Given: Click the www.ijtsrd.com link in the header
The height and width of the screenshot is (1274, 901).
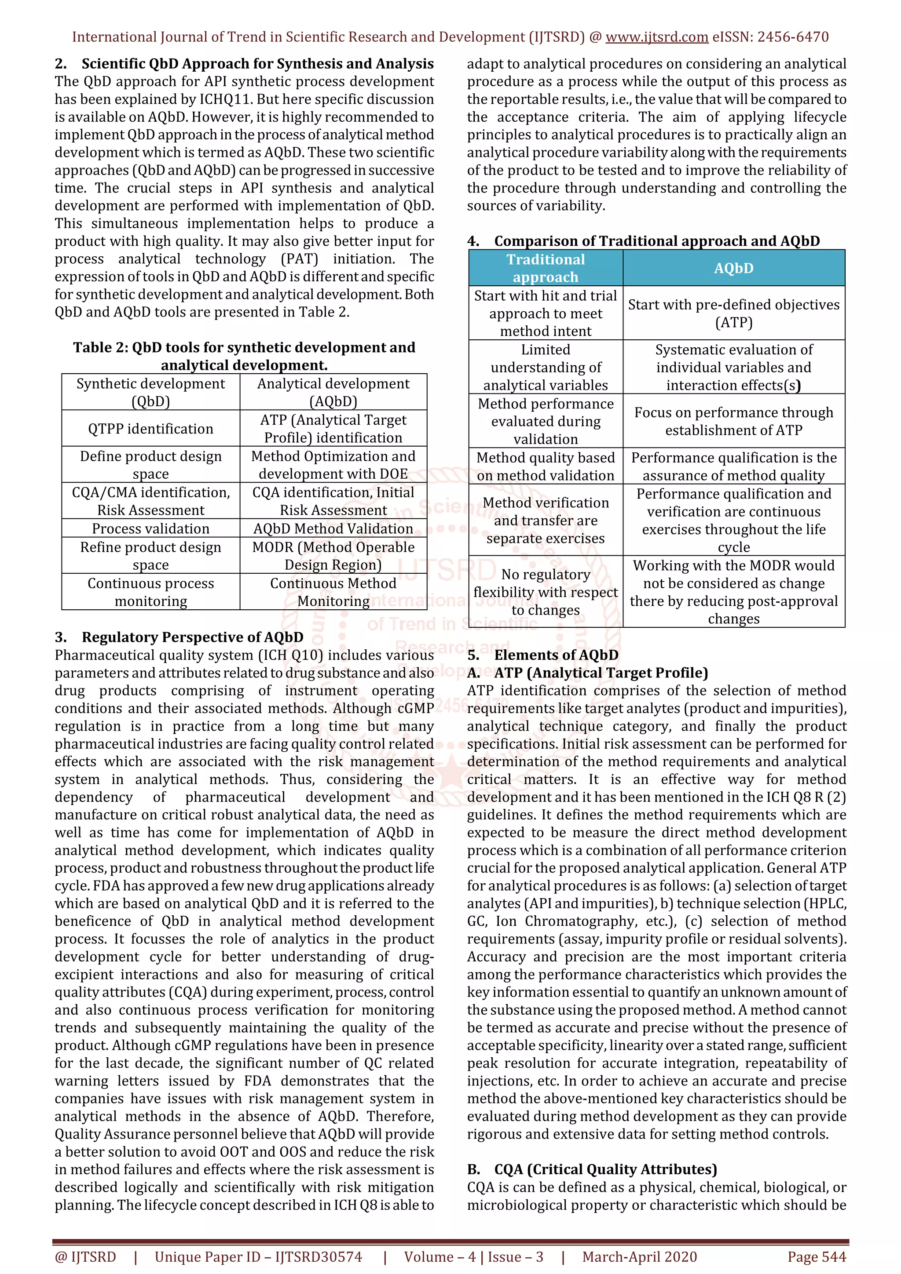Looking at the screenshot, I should [656, 37].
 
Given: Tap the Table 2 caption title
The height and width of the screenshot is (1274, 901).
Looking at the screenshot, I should [244, 356].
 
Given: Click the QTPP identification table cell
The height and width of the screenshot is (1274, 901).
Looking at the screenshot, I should [150, 428].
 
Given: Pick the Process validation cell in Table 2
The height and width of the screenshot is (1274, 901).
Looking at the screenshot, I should [150, 528].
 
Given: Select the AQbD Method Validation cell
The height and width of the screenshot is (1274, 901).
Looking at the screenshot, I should [333, 528].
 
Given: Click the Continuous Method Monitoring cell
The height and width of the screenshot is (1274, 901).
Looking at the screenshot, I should [333, 592].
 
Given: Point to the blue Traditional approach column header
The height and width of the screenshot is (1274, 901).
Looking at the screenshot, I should [545, 268].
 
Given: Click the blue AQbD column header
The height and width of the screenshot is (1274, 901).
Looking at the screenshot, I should [733, 268].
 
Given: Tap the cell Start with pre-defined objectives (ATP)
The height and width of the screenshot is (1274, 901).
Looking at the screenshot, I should [733, 313].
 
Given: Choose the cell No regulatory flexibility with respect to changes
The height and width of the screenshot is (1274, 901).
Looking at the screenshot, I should [545, 592].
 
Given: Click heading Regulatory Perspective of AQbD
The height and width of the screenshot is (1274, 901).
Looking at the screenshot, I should [192, 637].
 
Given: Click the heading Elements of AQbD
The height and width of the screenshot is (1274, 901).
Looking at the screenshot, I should [556, 655].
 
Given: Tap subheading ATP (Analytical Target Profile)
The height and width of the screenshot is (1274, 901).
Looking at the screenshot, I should [601, 673].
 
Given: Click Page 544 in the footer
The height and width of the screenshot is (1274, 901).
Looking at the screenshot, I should [816, 1257].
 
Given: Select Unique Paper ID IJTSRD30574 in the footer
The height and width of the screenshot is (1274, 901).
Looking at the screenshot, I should [258, 1257].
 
